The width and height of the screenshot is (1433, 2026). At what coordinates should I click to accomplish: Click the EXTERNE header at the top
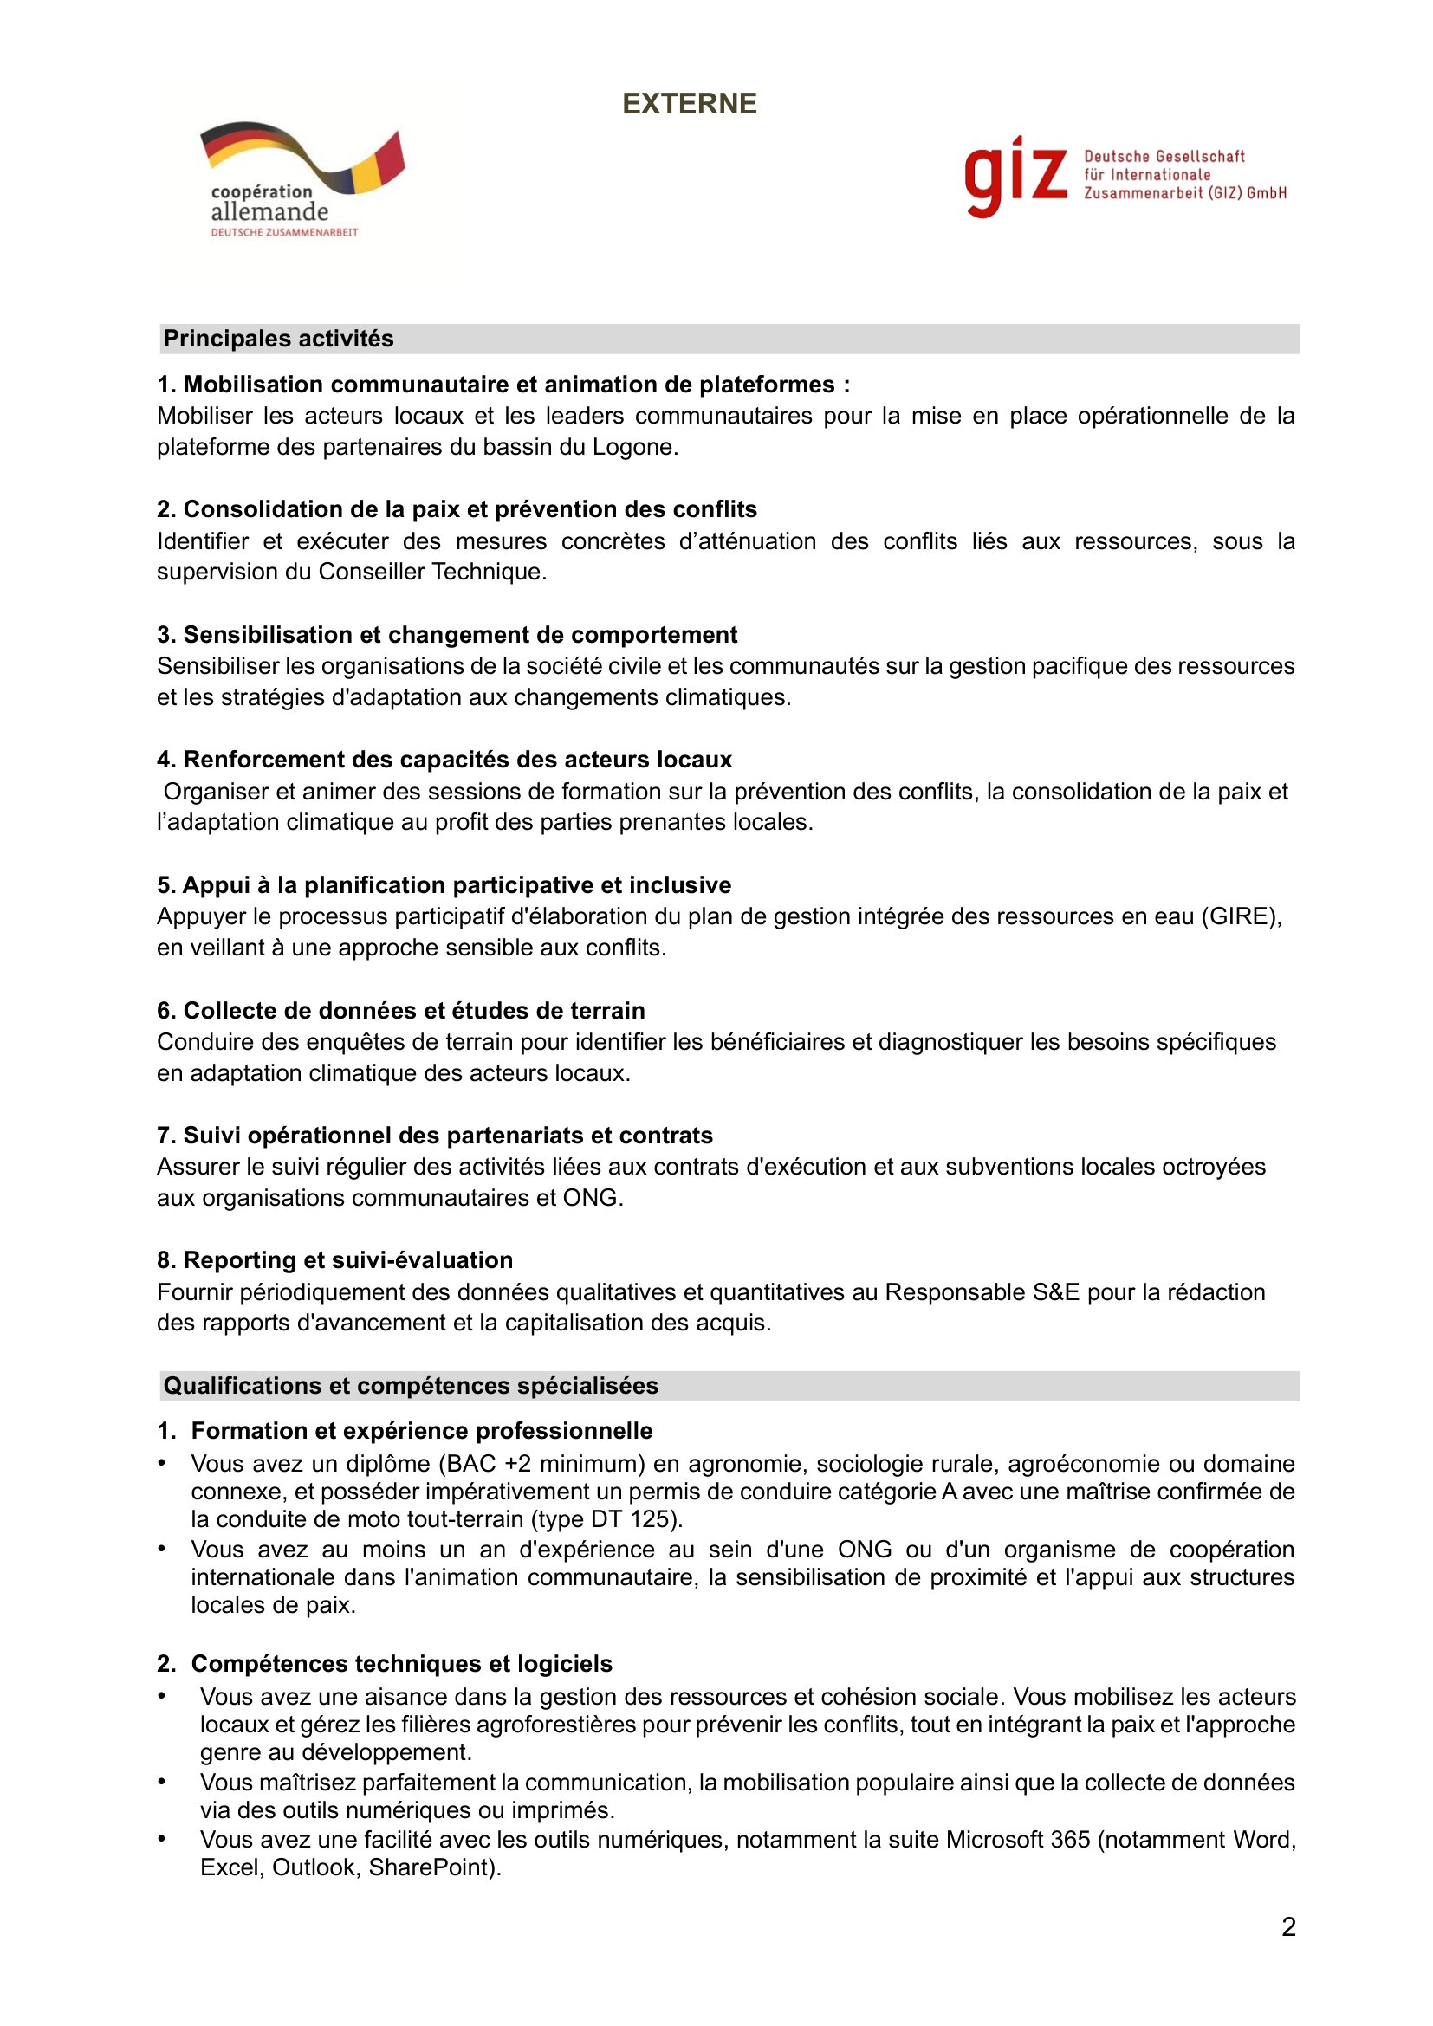[x=689, y=104]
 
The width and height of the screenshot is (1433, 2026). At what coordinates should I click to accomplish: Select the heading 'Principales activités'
[x=278, y=339]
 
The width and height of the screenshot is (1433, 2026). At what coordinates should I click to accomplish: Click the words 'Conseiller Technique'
[x=431, y=572]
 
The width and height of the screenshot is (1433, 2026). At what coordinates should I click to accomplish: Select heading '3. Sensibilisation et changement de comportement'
[x=446, y=634]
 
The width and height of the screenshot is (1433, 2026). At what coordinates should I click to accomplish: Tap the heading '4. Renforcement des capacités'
[x=444, y=760]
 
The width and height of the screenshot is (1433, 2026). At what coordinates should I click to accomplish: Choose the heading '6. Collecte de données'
[x=400, y=1010]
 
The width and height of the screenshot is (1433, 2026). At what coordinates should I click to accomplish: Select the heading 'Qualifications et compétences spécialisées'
[x=411, y=1385]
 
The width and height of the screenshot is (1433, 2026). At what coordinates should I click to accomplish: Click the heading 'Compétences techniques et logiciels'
[x=401, y=1663]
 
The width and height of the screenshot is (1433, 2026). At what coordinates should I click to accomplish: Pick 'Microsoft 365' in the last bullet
[x=1017, y=1840]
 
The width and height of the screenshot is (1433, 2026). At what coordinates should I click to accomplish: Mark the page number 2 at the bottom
[x=1288, y=1927]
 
